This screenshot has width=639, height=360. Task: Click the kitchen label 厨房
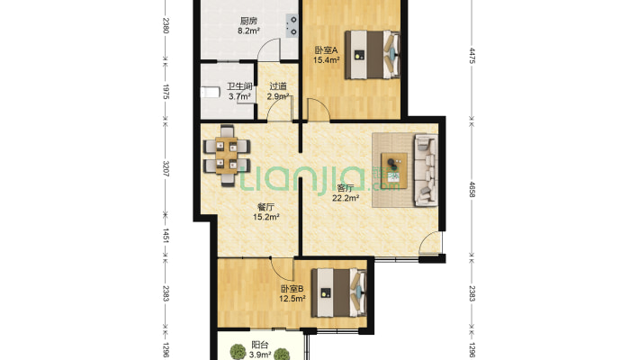pyautogui.click(x=248, y=21)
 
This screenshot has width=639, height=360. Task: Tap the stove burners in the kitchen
pyautogui.click(x=292, y=26)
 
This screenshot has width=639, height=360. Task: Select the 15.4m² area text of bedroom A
pyautogui.click(x=327, y=60)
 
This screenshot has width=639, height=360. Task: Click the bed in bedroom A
pyautogui.click(x=373, y=54)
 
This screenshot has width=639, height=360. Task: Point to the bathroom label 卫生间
pyautogui.click(x=239, y=86)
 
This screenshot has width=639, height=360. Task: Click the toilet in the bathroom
pyautogui.click(x=211, y=92)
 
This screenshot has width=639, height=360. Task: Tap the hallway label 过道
pyautogui.click(x=278, y=86)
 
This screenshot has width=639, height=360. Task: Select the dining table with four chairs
pyautogui.click(x=227, y=156)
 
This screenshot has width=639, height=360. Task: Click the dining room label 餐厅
pyautogui.click(x=265, y=207)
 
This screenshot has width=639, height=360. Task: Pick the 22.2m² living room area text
pyautogui.click(x=346, y=199)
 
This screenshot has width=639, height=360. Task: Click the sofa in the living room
pyautogui.click(x=426, y=169)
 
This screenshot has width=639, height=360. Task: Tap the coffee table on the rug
pyautogui.click(x=394, y=170)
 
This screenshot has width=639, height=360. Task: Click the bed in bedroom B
pyautogui.click(x=339, y=292)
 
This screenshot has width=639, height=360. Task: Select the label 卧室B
pyautogui.click(x=292, y=289)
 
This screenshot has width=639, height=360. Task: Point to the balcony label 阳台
pyautogui.click(x=260, y=346)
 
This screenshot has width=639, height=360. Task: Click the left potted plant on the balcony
pyautogui.click(x=238, y=351)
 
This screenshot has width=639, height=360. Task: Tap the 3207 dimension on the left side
pyautogui.click(x=166, y=169)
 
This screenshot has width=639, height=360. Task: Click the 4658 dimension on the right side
pyautogui.click(x=472, y=190)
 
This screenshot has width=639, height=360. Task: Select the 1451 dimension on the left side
pyautogui.click(x=166, y=236)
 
